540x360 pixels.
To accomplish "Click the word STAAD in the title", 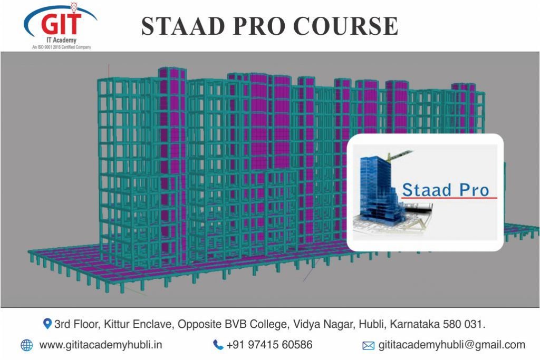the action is pos(183,26).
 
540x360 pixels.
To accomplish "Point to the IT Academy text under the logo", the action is pos(61,40).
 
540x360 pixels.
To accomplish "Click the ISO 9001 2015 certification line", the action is pos(62,47).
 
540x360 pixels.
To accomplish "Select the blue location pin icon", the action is pos(47,324).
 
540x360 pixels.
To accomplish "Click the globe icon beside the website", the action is pos(26,345).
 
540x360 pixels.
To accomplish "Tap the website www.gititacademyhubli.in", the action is pos(101,345).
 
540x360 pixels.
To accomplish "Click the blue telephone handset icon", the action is pos(218,345).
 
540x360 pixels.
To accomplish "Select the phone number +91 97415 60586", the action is pos(269,345).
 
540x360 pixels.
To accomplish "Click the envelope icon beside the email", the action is pos(368,346).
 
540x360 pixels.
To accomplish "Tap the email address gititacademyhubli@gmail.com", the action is pos(452,345).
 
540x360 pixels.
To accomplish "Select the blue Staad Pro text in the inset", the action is pos(446,190).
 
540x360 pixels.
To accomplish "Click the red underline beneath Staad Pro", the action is pos(449,198).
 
